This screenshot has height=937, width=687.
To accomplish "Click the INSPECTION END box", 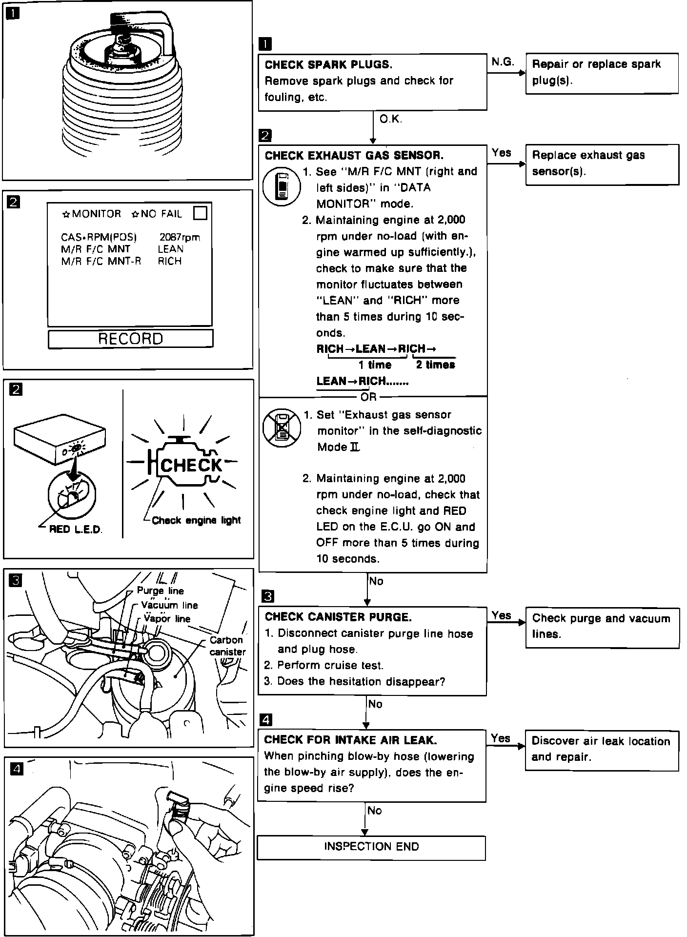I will click(x=371, y=847).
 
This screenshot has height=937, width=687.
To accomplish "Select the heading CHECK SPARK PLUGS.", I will click(x=328, y=65).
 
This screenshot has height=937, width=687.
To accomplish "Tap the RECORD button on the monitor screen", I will click(x=130, y=339).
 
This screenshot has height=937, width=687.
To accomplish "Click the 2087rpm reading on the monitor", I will click(x=180, y=238).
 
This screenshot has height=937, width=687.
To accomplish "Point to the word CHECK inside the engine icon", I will click(x=191, y=465).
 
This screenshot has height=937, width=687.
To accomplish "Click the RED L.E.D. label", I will click(x=76, y=530).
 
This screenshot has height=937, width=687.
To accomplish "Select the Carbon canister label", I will click(x=227, y=646).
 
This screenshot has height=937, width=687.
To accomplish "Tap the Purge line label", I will click(x=160, y=591).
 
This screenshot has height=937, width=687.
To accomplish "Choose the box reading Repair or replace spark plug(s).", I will click(x=602, y=73).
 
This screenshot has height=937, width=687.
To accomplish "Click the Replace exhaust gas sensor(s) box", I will click(x=602, y=164).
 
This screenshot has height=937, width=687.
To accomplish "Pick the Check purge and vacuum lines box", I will click(x=602, y=627).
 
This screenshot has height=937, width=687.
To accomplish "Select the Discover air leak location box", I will click(x=602, y=750).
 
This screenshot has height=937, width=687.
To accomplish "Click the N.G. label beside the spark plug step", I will click(x=503, y=62).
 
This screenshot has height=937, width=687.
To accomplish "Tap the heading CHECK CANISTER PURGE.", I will click(x=338, y=617).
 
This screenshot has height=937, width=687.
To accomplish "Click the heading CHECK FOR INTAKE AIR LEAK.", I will click(x=350, y=740).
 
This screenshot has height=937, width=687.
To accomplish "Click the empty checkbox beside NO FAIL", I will click(x=200, y=213).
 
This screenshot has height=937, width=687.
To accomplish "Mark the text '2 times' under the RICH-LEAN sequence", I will click(x=435, y=365).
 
